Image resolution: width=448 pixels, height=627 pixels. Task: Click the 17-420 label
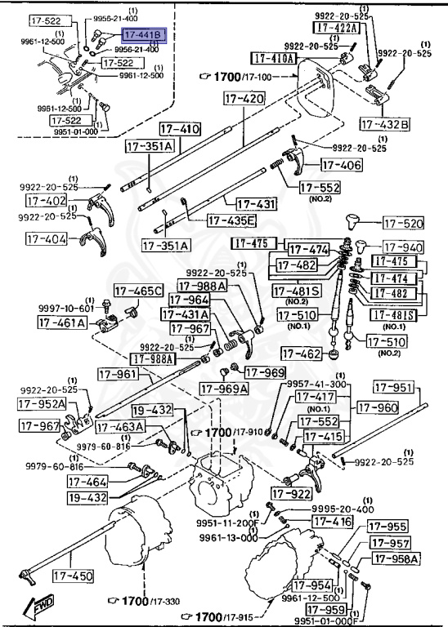coord(243,99)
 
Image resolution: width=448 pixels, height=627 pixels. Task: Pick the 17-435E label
coord(231,220)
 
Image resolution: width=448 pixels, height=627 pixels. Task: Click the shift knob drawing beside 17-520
coord(356,220)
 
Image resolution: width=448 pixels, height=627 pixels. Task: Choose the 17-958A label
coord(396,558)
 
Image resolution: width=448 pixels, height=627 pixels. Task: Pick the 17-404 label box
coord(47,239)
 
